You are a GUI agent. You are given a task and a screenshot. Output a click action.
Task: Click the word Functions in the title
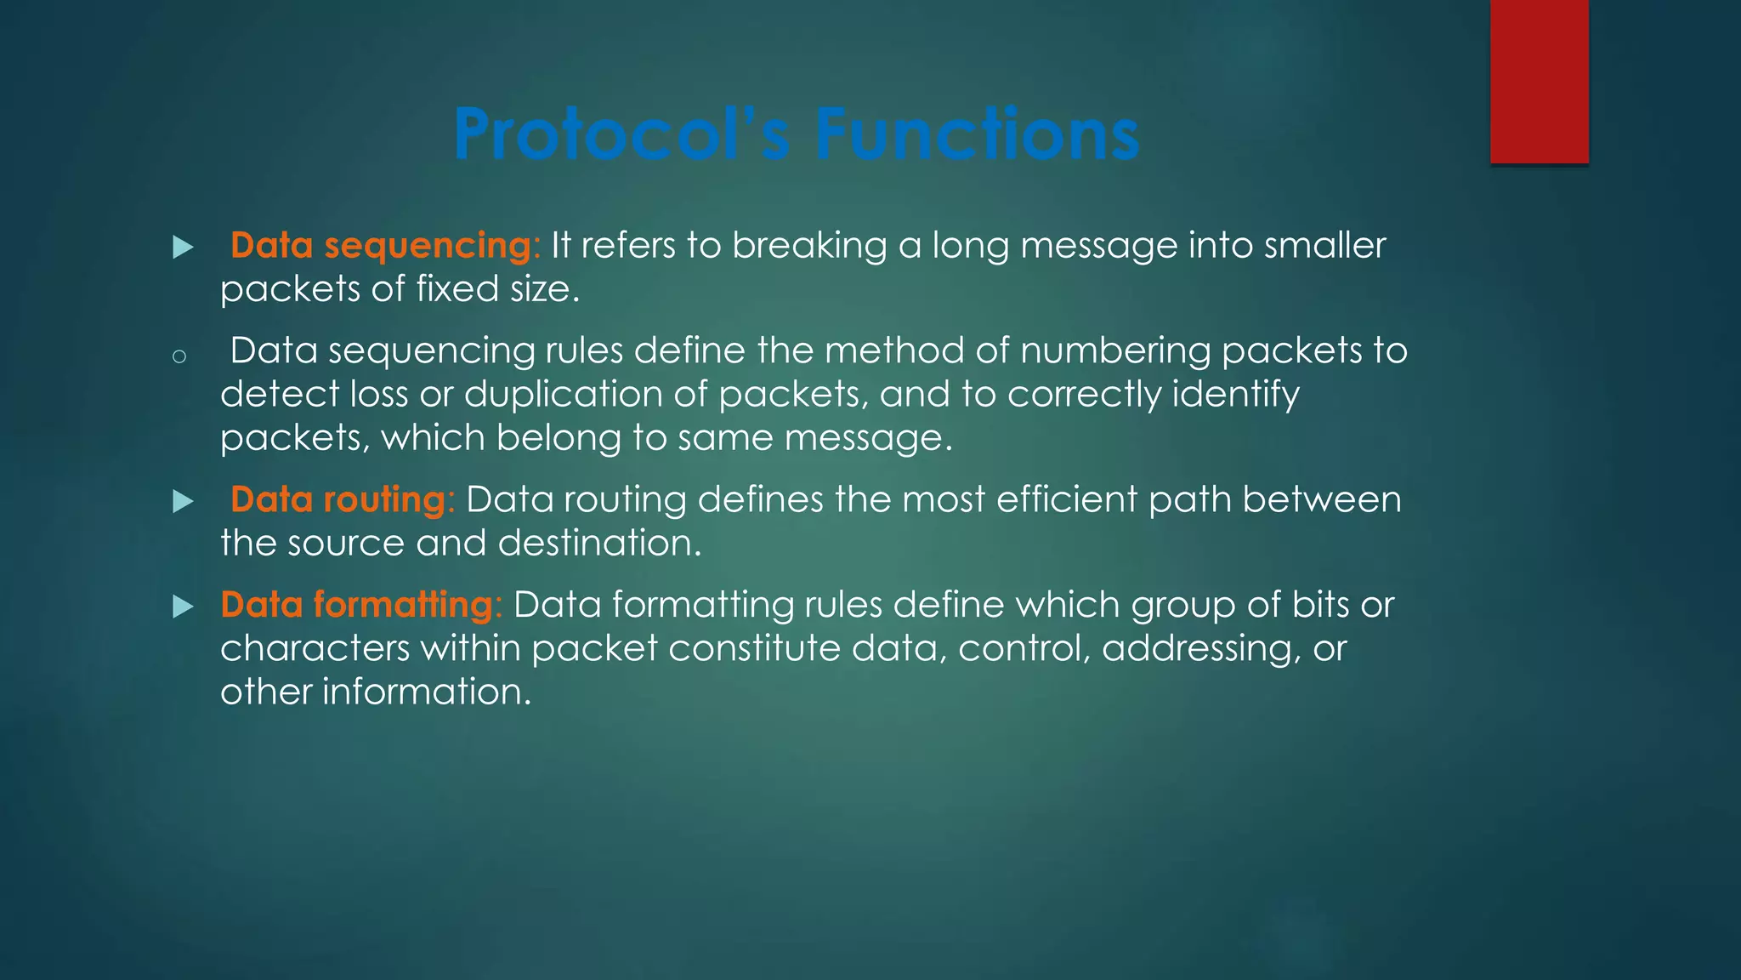[977, 134]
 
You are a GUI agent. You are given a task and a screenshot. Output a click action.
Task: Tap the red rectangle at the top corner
[1539, 81]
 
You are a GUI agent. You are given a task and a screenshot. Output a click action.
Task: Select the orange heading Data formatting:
[361, 605]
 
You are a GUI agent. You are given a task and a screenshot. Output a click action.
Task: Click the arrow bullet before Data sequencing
[183, 248]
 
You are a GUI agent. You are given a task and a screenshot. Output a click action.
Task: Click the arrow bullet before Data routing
[183, 502]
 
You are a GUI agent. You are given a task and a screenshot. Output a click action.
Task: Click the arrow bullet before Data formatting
[183, 607]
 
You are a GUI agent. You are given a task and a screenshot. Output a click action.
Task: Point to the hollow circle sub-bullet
[179, 356]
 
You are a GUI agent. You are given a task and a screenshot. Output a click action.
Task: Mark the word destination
[599, 544]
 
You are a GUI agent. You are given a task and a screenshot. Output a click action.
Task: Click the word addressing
[1200, 649]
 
